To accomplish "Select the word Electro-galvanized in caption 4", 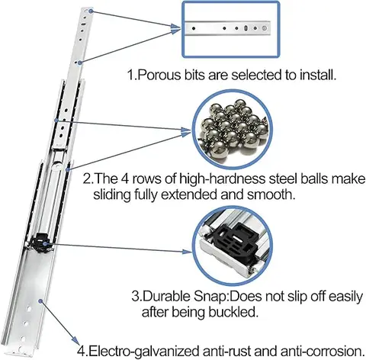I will [x=139, y=352].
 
